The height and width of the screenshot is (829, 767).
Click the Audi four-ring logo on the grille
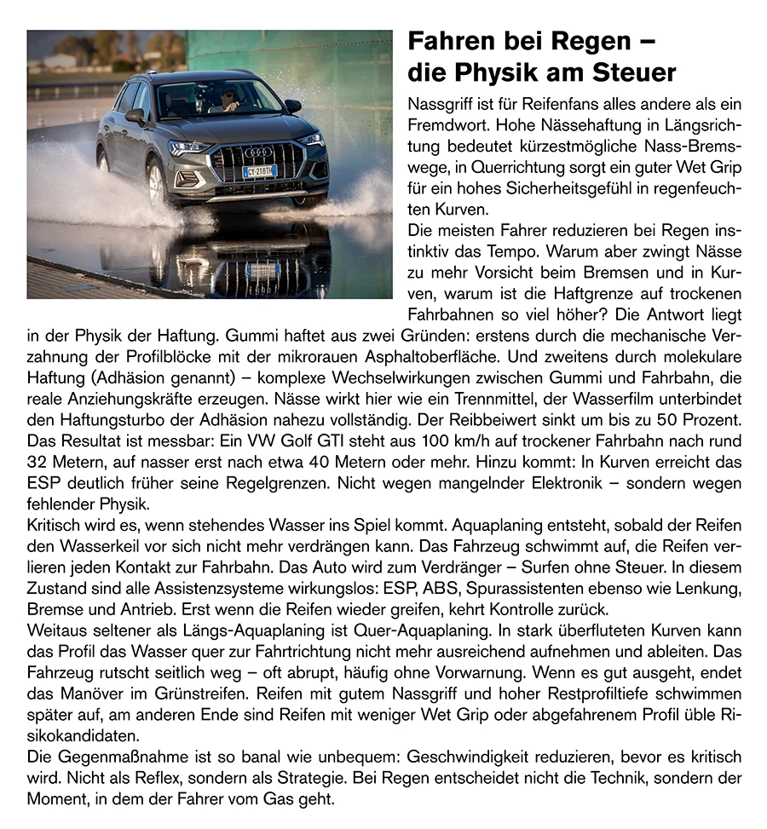click(x=258, y=153)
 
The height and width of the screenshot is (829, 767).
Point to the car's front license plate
click(x=260, y=171)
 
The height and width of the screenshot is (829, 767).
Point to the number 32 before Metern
click(x=39, y=463)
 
